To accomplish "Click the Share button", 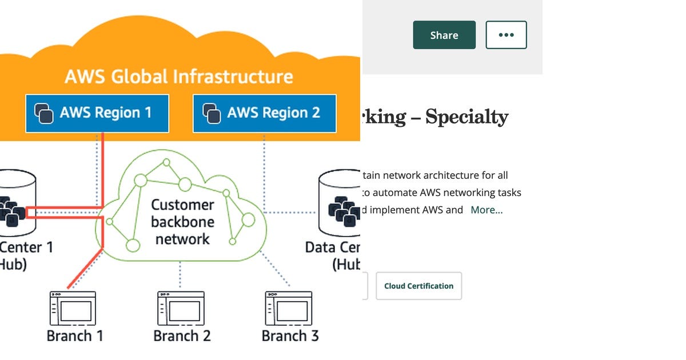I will click(444, 35).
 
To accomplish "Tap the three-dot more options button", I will click(506, 35).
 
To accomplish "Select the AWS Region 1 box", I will click(97, 113).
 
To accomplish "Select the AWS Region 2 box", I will click(264, 113).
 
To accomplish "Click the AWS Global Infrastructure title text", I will click(178, 77).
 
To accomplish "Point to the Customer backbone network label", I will click(182, 222).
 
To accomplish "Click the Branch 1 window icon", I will click(73, 309).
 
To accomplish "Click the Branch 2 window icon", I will click(181, 309).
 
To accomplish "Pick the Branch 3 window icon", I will click(288, 309).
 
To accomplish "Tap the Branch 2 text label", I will click(182, 335).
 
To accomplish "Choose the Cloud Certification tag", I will click(418, 286).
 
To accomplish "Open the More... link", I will click(486, 210).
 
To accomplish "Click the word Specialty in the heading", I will click(466, 117).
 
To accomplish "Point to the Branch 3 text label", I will click(290, 335).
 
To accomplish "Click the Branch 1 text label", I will click(75, 335).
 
